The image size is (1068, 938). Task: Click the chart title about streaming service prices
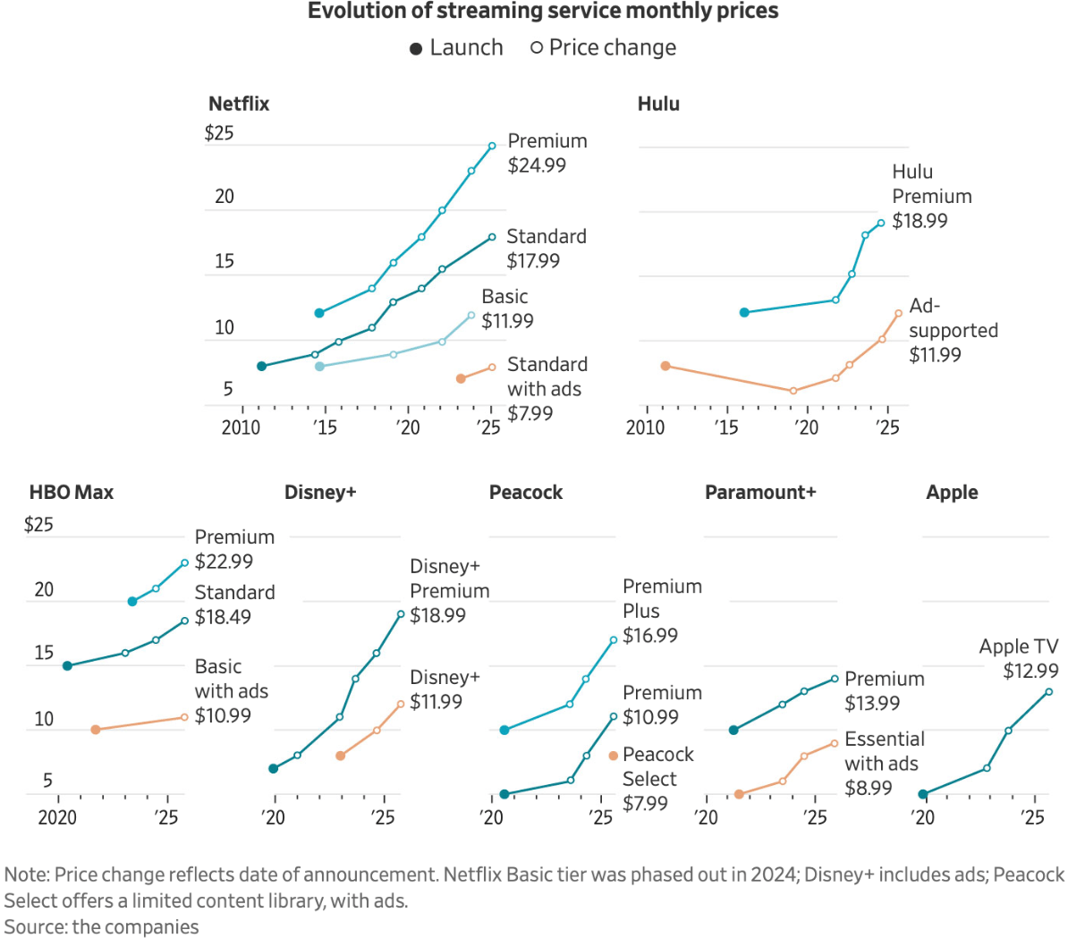(x=543, y=12)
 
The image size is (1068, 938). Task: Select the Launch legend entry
(x=456, y=48)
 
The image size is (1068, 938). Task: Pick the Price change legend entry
(x=603, y=48)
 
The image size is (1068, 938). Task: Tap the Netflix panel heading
(x=239, y=104)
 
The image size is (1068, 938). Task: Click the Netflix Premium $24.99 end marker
(x=492, y=146)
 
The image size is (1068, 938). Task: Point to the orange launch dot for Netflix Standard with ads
(x=461, y=379)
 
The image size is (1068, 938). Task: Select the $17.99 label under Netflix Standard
(x=533, y=261)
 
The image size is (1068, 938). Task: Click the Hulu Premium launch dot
(x=744, y=312)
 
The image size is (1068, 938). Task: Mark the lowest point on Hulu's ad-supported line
(x=793, y=391)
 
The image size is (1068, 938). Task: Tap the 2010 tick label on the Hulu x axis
(x=645, y=427)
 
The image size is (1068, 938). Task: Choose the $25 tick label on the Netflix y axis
(x=218, y=134)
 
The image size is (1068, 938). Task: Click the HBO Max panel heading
(x=72, y=493)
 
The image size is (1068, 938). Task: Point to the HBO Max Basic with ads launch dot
(x=96, y=730)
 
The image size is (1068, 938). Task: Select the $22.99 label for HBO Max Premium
(x=224, y=562)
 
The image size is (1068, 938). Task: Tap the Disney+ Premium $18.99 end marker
(x=401, y=614)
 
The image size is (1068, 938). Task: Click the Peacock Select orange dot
(x=613, y=756)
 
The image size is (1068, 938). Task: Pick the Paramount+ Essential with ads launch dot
(x=739, y=794)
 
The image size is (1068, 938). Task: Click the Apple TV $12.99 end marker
(x=1048, y=691)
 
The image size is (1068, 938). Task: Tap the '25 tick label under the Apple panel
(x=1033, y=817)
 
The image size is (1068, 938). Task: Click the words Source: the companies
(x=101, y=926)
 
